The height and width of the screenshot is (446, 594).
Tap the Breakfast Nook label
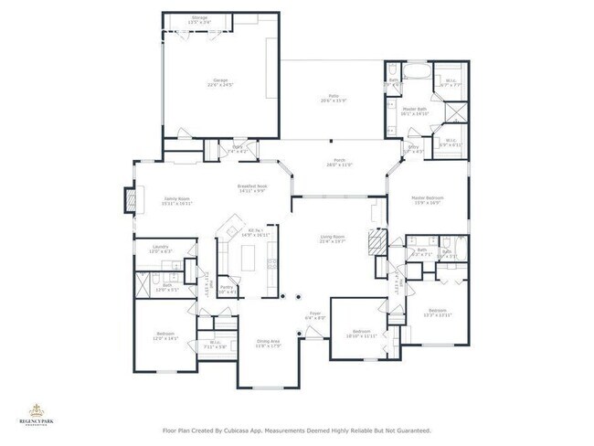251,188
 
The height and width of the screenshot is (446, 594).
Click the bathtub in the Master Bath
418,69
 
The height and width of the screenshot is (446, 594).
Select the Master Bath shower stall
454,113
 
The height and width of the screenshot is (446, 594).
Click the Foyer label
313,315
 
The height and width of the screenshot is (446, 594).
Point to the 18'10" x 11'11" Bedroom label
361,333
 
